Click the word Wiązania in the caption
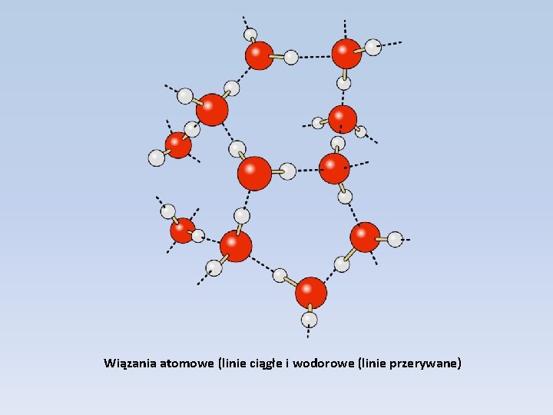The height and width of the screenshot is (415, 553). [x=131, y=363]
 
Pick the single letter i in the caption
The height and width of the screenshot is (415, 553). [x=287, y=363]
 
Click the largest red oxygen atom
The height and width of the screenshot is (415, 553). [x=254, y=174]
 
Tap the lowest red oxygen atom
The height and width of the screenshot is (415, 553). [x=310, y=293]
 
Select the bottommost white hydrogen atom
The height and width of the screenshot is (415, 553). [x=310, y=319]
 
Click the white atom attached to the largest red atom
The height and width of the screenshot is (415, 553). [x=287, y=171]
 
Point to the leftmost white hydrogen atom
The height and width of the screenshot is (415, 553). [x=157, y=158]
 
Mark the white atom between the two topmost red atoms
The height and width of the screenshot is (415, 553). [x=291, y=57]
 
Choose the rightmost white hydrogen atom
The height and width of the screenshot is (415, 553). [x=395, y=239]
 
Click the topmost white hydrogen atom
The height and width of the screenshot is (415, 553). [x=250, y=35]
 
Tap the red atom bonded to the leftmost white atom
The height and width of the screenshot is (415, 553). [x=178, y=144]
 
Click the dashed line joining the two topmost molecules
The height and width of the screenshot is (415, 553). [x=314, y=56]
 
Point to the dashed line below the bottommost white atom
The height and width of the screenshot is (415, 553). [x=309, y=332]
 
